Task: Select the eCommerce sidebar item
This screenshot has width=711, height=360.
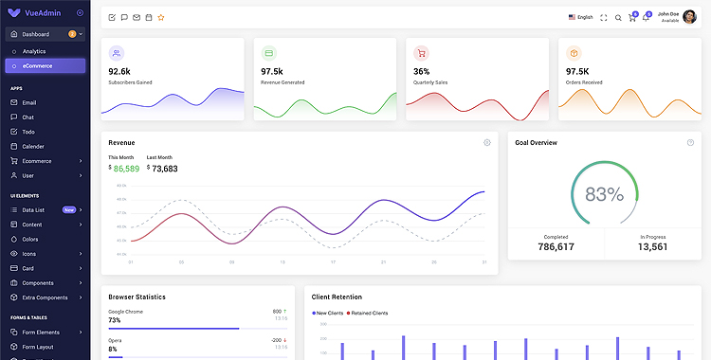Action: [x=38, y=65]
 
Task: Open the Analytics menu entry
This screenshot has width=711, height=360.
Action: [x=34, y=51]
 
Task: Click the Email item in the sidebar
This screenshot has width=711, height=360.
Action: [x=29, y=102]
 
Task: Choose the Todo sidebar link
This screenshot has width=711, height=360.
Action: [x=28, y=132]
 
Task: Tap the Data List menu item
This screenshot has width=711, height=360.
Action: [x=33, y=209]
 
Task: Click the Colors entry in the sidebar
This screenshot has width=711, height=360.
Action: [x=31, y=239]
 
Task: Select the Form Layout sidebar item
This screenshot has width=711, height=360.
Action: [x=37, y=347]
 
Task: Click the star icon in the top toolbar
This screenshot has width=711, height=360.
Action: [x=161, y=17]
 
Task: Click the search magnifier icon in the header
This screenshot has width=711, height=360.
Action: [x=618, y=17]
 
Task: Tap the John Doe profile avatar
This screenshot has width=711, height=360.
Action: [x=689, y=16]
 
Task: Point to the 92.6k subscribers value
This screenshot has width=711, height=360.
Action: [x=119, y=71]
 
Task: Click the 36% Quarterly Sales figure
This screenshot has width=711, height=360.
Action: [x=421, y=71]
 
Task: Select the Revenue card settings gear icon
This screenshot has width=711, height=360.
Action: [x=487, y=142]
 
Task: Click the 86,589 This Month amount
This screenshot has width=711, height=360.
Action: [x=125, y=169]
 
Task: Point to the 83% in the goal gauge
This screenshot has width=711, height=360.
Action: [x=604, y=194]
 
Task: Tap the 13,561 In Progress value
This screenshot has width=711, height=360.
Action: [x=652, y=246]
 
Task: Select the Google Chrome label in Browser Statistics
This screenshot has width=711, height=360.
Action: [x=126, y=311]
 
